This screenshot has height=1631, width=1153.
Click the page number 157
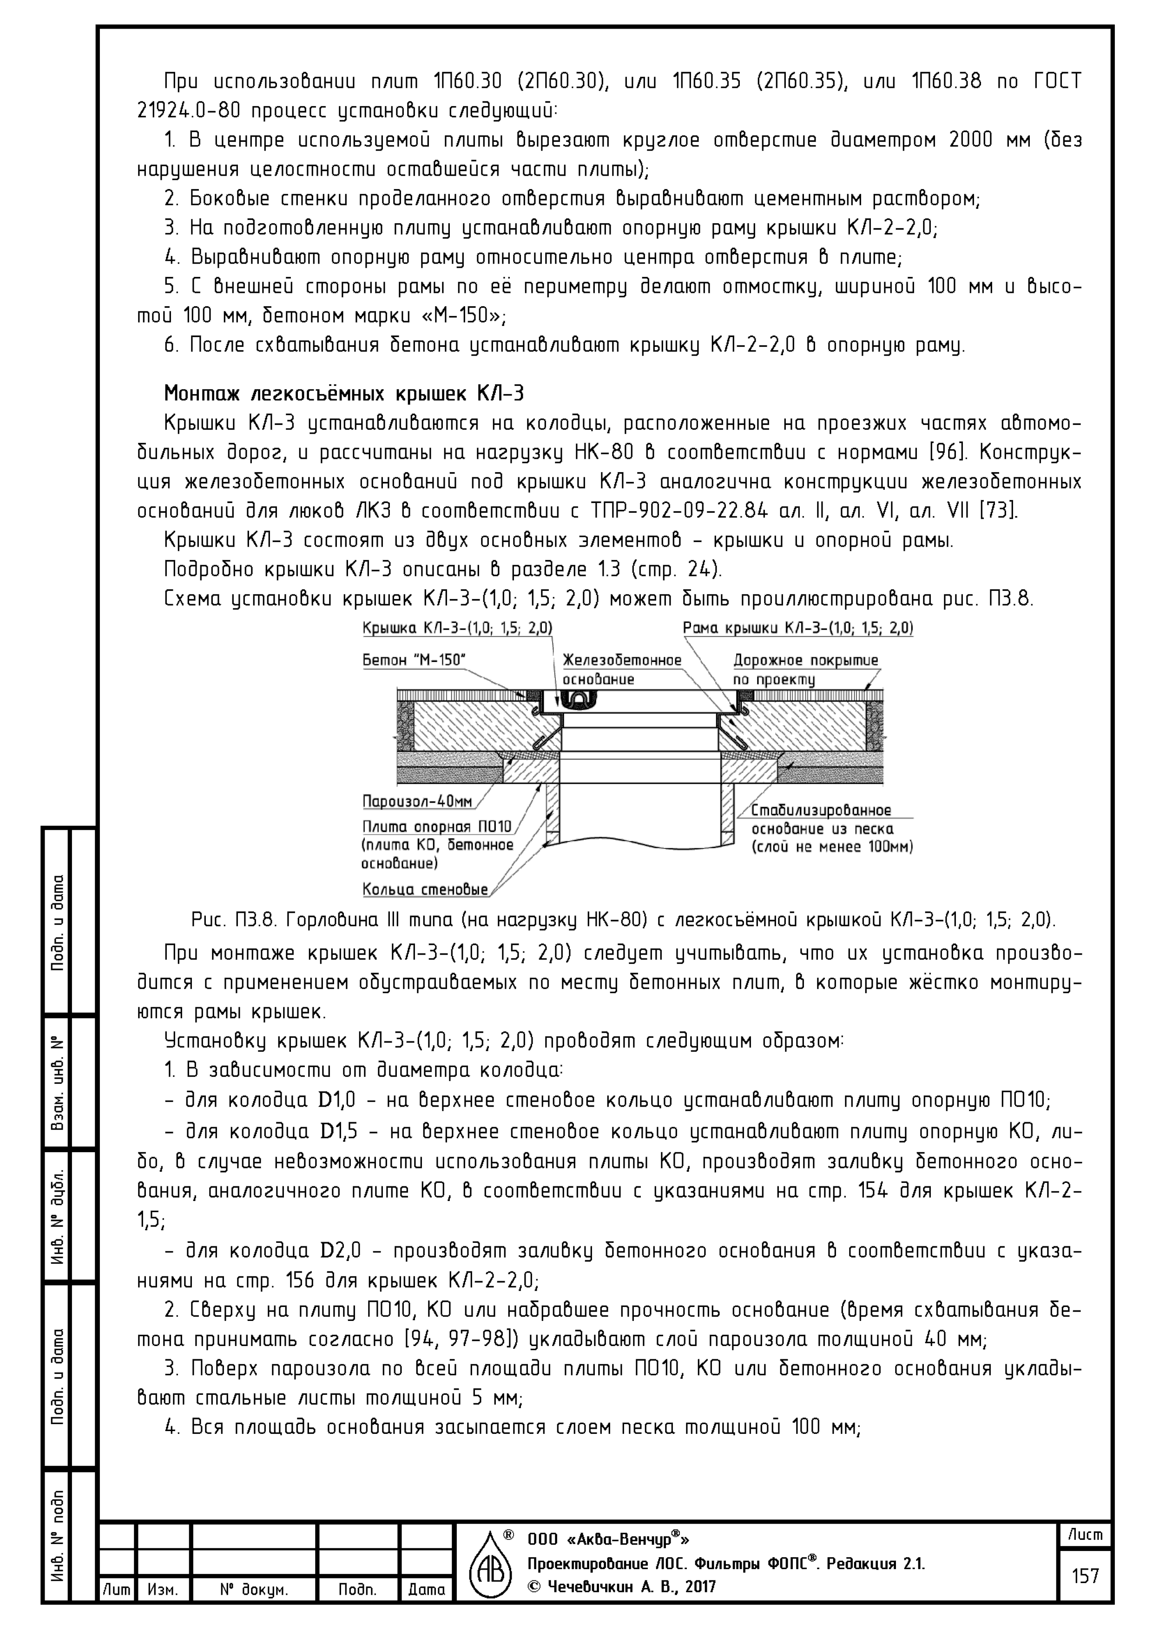point(1085,1576)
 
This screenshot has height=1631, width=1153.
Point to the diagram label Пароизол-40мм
point(417,801)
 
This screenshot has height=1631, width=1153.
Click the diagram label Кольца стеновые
point(425,889)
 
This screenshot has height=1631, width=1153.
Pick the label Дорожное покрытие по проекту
point(805,669)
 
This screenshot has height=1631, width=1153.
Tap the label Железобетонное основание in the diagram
point(622,669)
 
